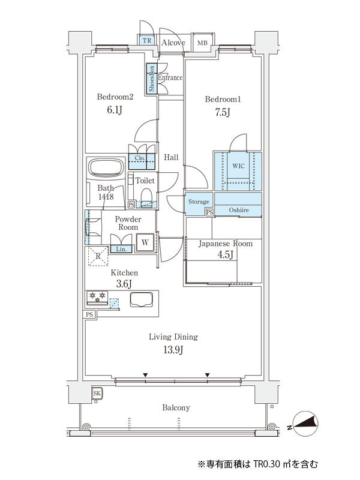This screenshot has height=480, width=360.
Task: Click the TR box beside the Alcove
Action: [146, 41]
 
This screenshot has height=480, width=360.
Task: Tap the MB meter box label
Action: [203, 42]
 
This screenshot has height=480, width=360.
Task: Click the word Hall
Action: [171, 157]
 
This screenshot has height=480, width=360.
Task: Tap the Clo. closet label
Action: [140, 158]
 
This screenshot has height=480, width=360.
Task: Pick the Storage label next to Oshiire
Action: [199, 202]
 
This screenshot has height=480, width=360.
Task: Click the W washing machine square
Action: [145, 243]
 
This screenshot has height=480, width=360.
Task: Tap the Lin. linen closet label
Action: [121, 249]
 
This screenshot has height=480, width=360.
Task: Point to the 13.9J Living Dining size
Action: [173, 349]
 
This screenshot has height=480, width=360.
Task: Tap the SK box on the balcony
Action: [97, 393]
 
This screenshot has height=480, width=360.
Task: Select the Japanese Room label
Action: [226, 244]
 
